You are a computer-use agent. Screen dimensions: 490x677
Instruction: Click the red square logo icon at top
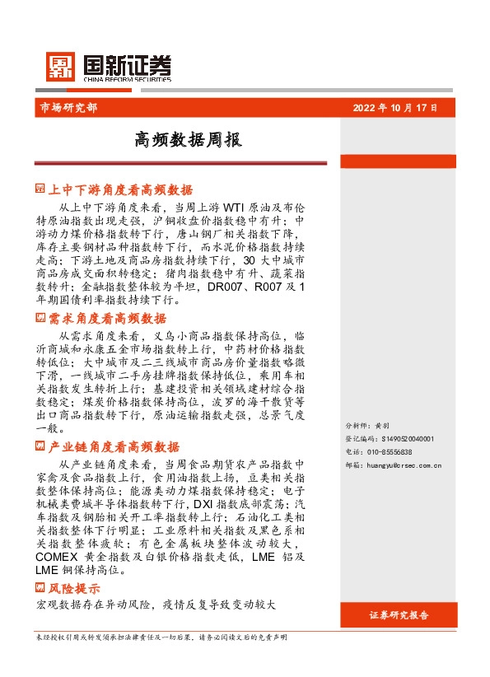pyautogui.click(x=59, y=67)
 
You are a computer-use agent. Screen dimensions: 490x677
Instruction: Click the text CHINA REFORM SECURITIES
pyautogui.click(x=127, y=81)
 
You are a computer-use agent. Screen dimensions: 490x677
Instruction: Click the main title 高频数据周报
pyautogui.click(x=188, y=140)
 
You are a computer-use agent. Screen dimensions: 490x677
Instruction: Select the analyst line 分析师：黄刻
pyautogui.click(x=366, y=427)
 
